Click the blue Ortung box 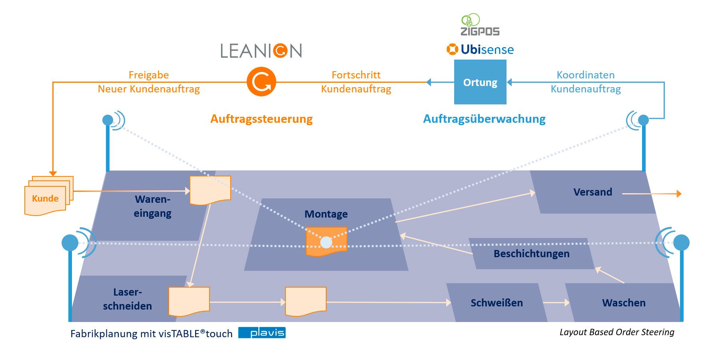pos(480,82)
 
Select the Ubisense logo pos(480,50)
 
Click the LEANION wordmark pos(261,51)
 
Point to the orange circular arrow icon pos(261,82)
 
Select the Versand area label pos(592,192)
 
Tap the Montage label pos(326,214)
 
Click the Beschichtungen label pos(531,254)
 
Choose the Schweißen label pos(497,303)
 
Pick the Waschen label pos(624,303)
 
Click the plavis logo pos(262,333)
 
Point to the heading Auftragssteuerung pos(261,119)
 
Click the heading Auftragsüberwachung pos(484,119)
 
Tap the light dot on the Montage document pos(326,242)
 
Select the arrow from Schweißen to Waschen pos(556,303)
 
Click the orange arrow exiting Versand pos(652,194)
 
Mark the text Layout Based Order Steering pos(616,332)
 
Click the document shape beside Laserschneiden pos(189,301)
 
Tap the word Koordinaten pos(585,75)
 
